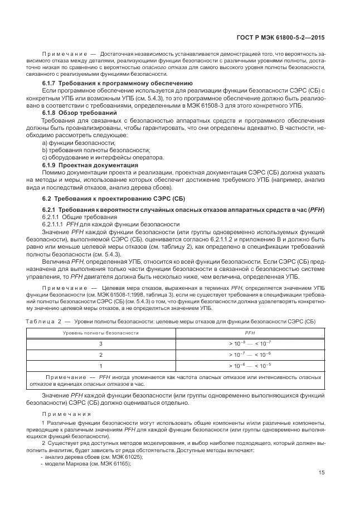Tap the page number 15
[322, 472]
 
